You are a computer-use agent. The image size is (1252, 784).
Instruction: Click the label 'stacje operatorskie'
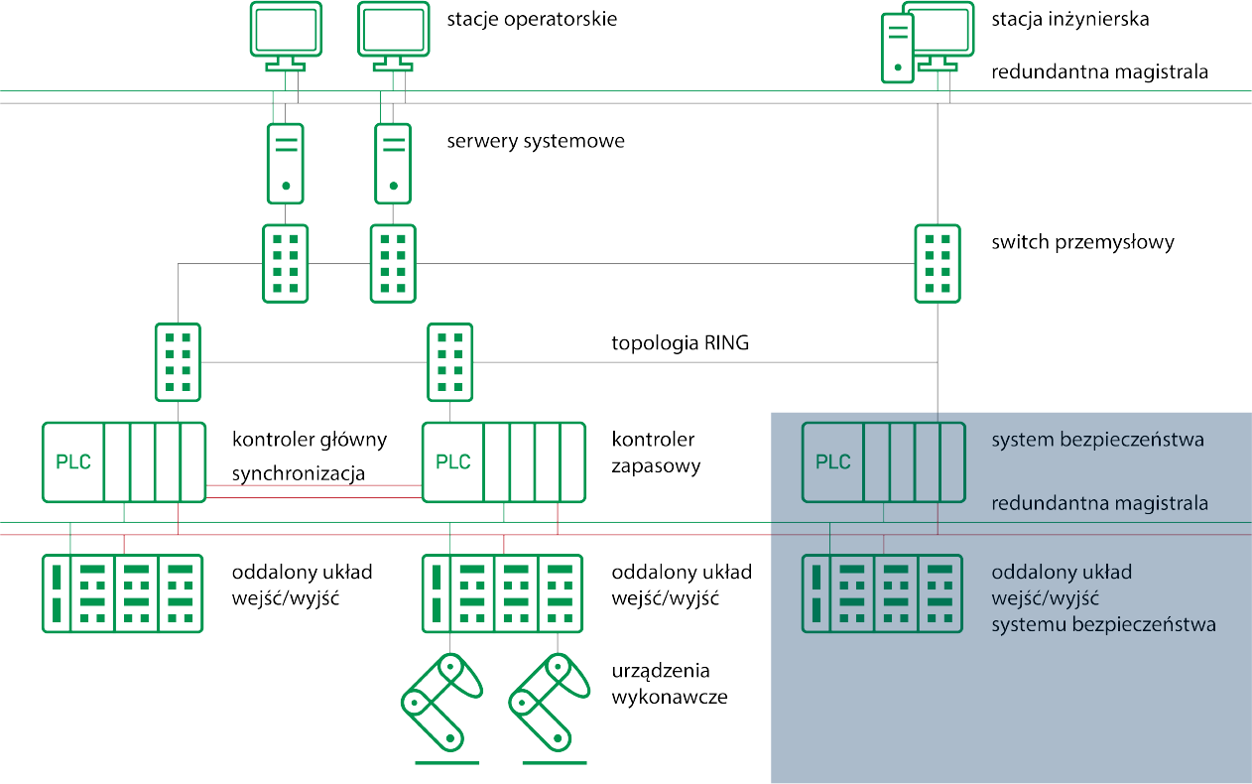pyautogui.click(x=532, y=19)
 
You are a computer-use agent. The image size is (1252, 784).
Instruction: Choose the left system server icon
pyautogui.click(x=286, y=163)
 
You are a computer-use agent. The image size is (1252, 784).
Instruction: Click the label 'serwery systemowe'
pyautogui.click(x=536, y=141)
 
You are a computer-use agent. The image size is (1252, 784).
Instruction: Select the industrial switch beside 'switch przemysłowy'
pyautogui.click(x=937, y=263)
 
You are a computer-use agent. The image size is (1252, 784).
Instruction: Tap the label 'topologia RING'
pyautogui.click(x=680, y=344)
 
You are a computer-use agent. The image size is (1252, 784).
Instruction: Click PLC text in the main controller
pyautogui.click(x=73, y=462)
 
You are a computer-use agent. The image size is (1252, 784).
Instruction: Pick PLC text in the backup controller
pyautogui.click(x=453, y=462)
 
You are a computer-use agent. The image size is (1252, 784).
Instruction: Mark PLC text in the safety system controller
pyautogui.click(x=833, y=462)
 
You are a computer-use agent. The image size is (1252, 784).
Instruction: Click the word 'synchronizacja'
pyautogui.click(x=298, y=474)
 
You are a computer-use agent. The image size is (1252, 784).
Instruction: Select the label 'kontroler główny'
pyautogui.click(x=310, y=440)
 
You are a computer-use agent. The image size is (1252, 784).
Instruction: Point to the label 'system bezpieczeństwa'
pyautogui.click(x=1097, y=440)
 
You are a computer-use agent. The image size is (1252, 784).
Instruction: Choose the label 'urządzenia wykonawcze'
pyautogui.click(x=670, y=684)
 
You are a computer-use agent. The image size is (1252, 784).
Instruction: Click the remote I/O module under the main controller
pyautogui.click(x=123, y=593)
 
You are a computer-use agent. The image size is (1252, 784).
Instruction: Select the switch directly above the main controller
pyautogui.click(x=178, y=362)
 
